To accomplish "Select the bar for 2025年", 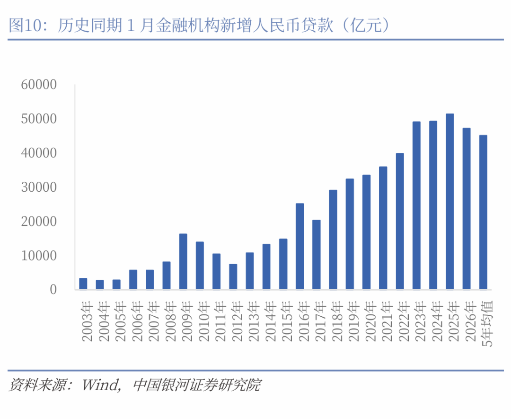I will (x=450, y=201).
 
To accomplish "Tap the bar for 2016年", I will (x=300, y=246).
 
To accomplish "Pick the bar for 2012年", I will (x=233, y=276).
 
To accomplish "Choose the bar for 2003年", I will (x=83, y=284).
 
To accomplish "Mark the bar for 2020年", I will (x=367, y=232).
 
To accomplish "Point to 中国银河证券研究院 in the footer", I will (x=197, y=385).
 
